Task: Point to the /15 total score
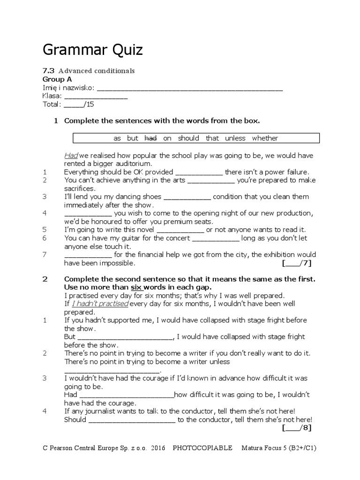(x=79, y=105)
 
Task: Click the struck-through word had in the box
(x=150, y=138)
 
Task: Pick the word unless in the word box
(x=235, y=138)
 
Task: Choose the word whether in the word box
(x=265, y=138)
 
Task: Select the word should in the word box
(x=188, y=138)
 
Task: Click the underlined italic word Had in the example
(x=71, y=155)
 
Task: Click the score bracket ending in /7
(x=297, y=263)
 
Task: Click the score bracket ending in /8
(x=297, y=428)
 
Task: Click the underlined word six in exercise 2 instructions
(x=135, y=287)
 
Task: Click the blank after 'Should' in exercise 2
(x=132, y=420)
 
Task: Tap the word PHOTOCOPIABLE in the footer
(x=202, y=448)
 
